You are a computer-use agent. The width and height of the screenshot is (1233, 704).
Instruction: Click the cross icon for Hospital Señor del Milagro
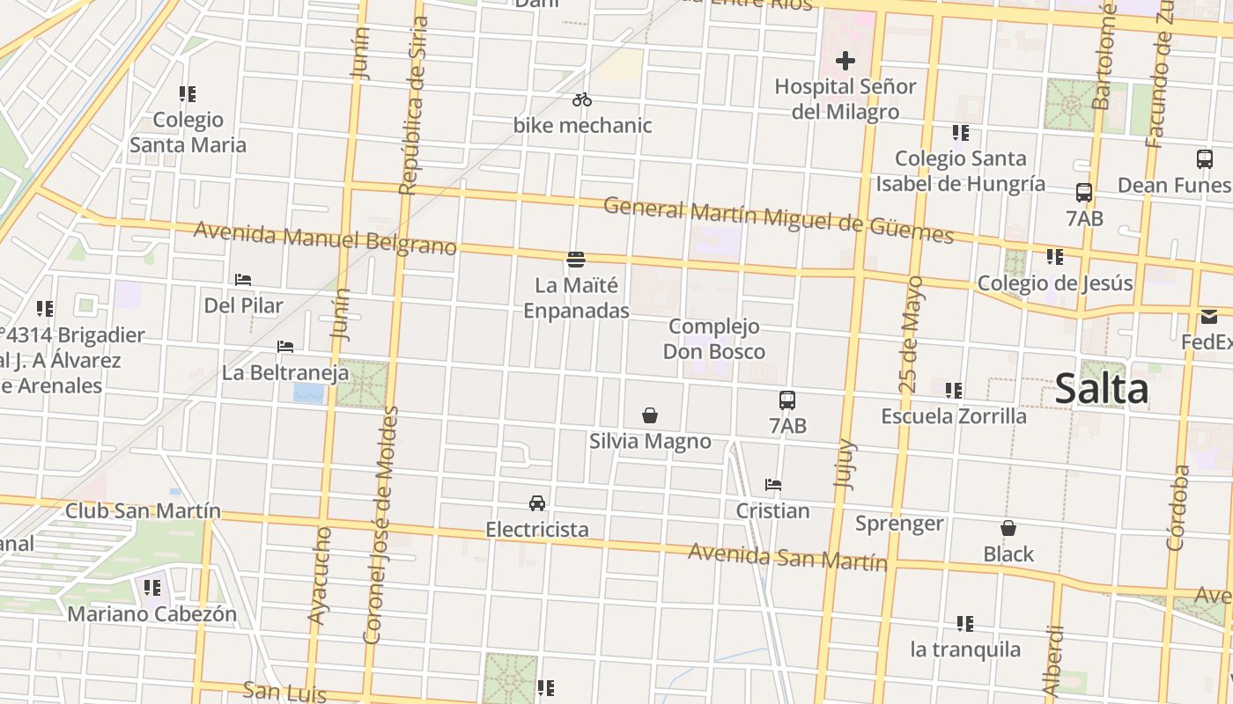pyautogui.click(x=845, y=61)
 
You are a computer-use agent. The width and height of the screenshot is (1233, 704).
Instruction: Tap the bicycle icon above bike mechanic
pyautogui.click(x=581, y=99)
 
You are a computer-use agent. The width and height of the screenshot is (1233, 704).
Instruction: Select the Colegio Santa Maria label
pyautogui.click(x=188, y=132)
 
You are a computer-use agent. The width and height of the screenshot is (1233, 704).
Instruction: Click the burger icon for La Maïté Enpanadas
pyautogui.click(x=576, y=259)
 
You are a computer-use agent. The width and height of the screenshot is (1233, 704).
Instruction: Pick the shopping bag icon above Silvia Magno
pyautogui.click(x=650, y=415)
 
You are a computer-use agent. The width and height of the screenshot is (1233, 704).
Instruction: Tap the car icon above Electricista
pyautogui.click(x=537, y=503)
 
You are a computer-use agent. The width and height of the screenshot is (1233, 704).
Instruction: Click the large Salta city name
pyautogui.click(x=1101, y=388)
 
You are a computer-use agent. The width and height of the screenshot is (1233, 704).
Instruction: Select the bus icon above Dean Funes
pyautogui.click(x=1205, y=159)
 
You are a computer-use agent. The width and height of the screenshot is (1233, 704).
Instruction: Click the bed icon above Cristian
pyautogui.click(x=773, y=485)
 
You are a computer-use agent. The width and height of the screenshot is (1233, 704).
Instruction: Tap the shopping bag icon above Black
pyautogui.click(x=1008, y=528)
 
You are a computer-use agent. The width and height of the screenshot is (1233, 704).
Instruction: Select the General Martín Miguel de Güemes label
pyautogui.click(x=778, y=220)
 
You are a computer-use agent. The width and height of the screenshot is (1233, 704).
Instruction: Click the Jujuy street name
pyautogui.click(x=844, y=463)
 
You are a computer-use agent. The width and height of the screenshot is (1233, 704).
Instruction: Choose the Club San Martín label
pyautogui.click(x=143, y=511)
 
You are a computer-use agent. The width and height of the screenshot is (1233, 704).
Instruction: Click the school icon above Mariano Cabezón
pyautogui.click(x=152, y=587)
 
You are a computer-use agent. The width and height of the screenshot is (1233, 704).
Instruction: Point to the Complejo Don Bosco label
pyautogui.click(x=713, y=339)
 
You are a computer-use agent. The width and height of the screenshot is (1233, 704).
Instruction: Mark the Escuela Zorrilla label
pyautogui.click(x=954, y=415)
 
